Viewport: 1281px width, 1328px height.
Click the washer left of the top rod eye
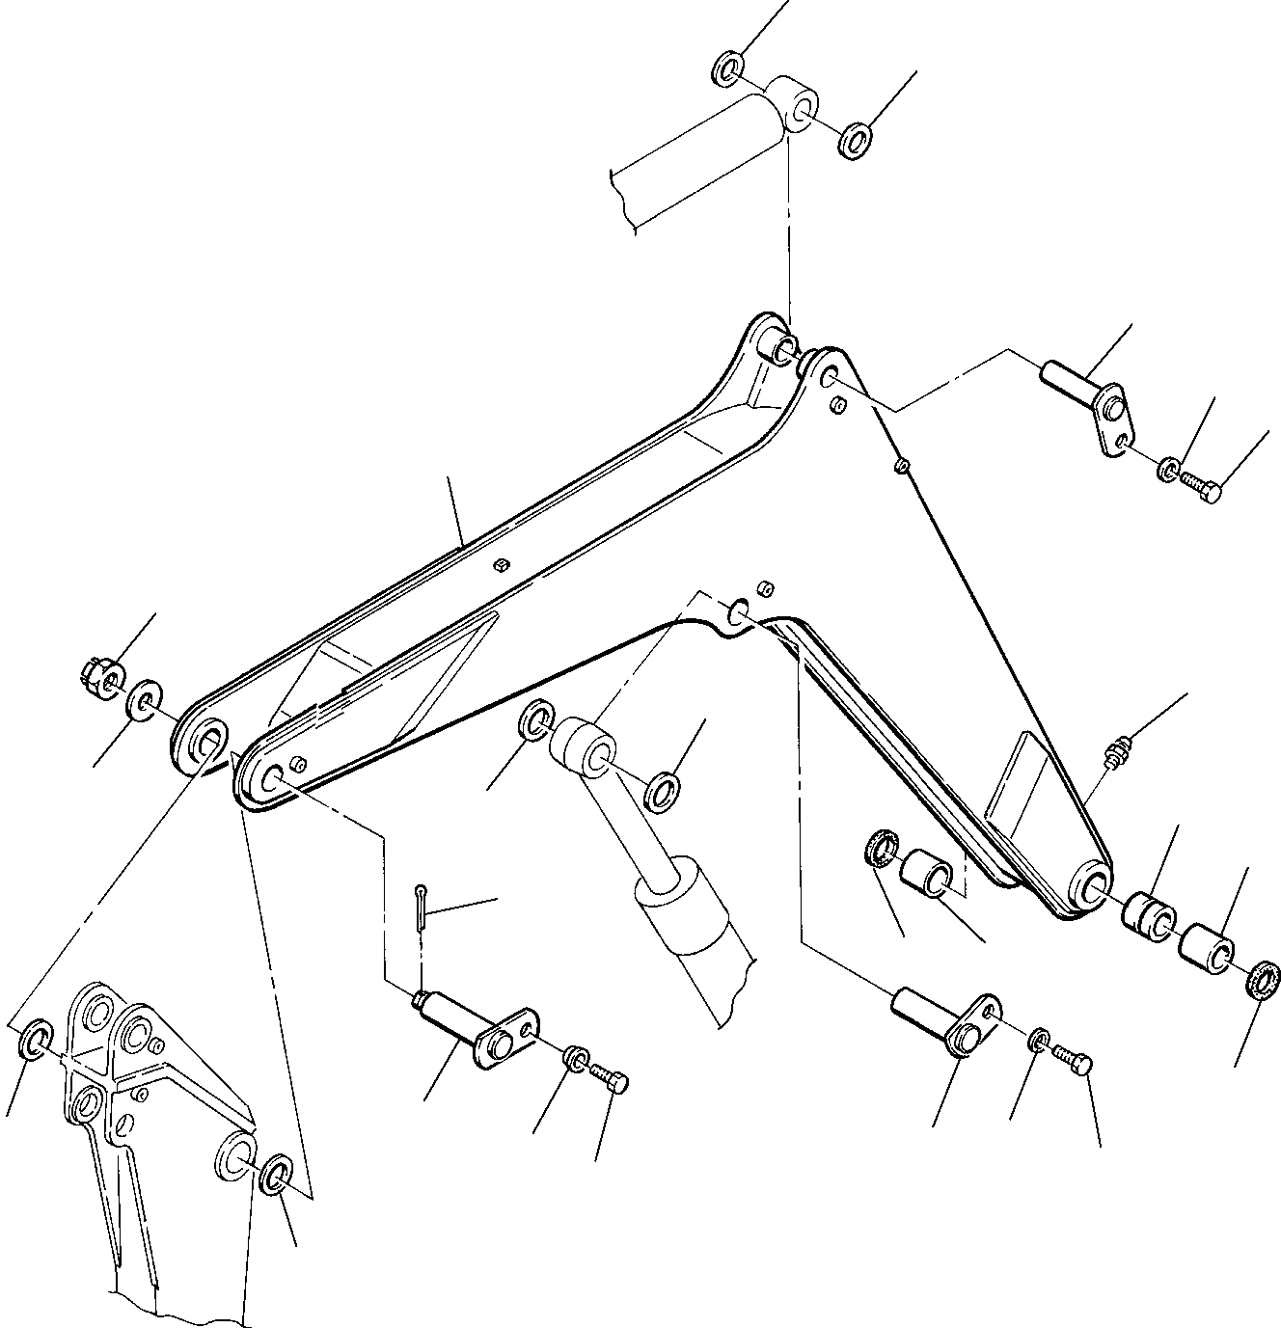click(728, 69)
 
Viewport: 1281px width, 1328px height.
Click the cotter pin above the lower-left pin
click(420, 908)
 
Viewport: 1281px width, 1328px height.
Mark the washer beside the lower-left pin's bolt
click(574, 1058)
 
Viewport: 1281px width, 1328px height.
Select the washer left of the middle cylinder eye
click(535, 719)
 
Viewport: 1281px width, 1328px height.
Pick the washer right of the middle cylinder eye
click(663, 788)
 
